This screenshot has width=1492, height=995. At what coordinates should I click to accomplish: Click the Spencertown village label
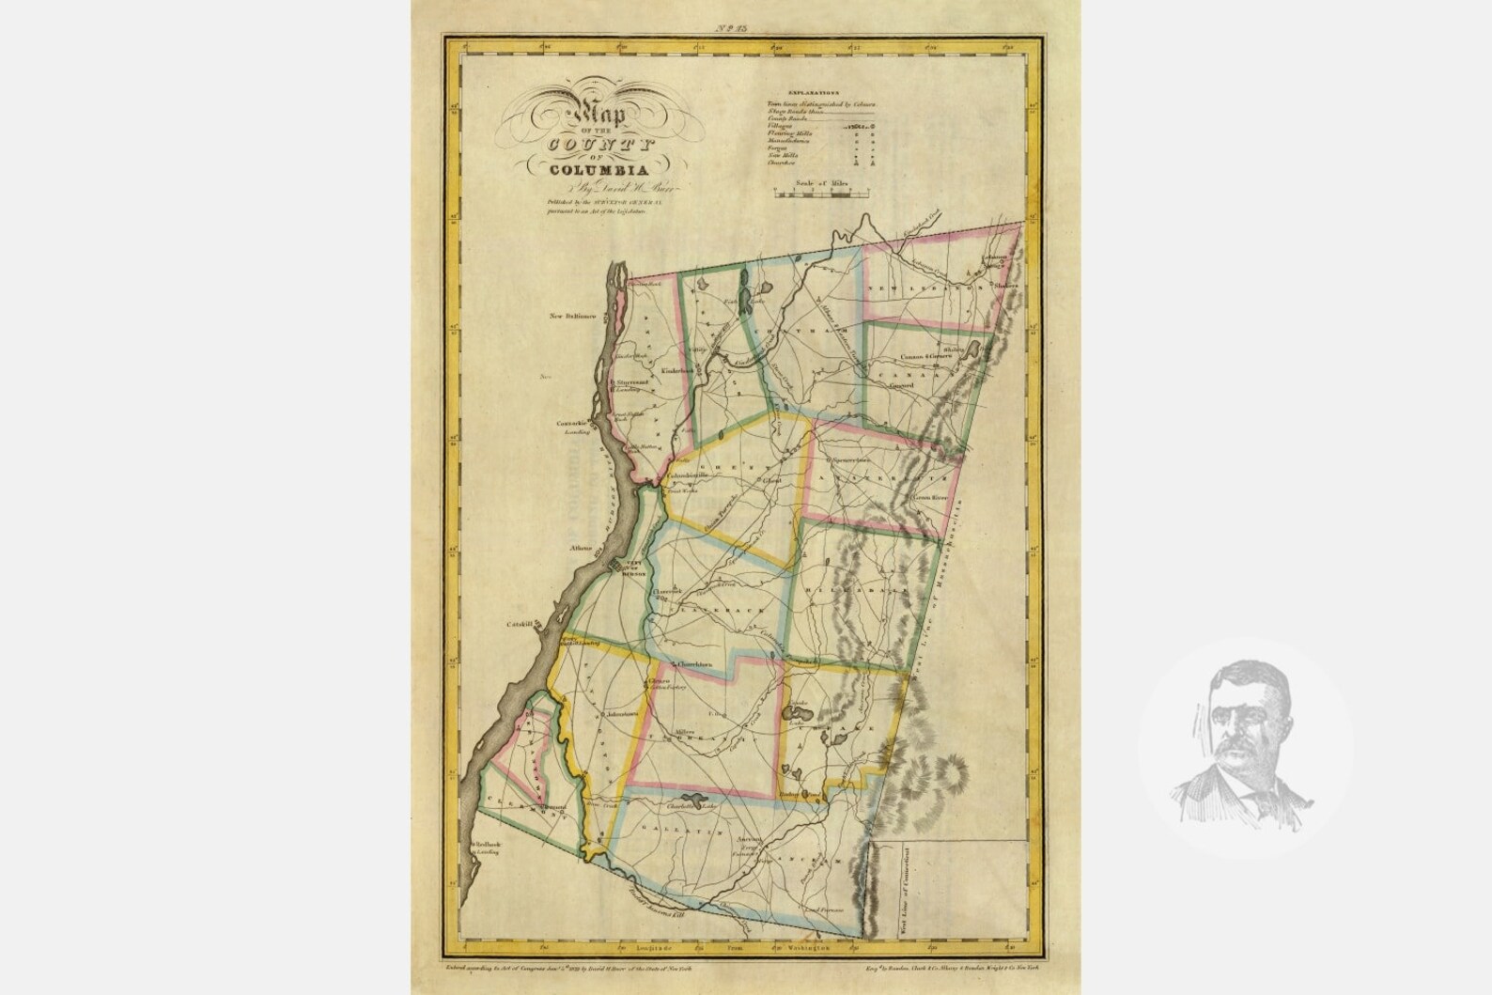pyautogui.click(x=851, y=461)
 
